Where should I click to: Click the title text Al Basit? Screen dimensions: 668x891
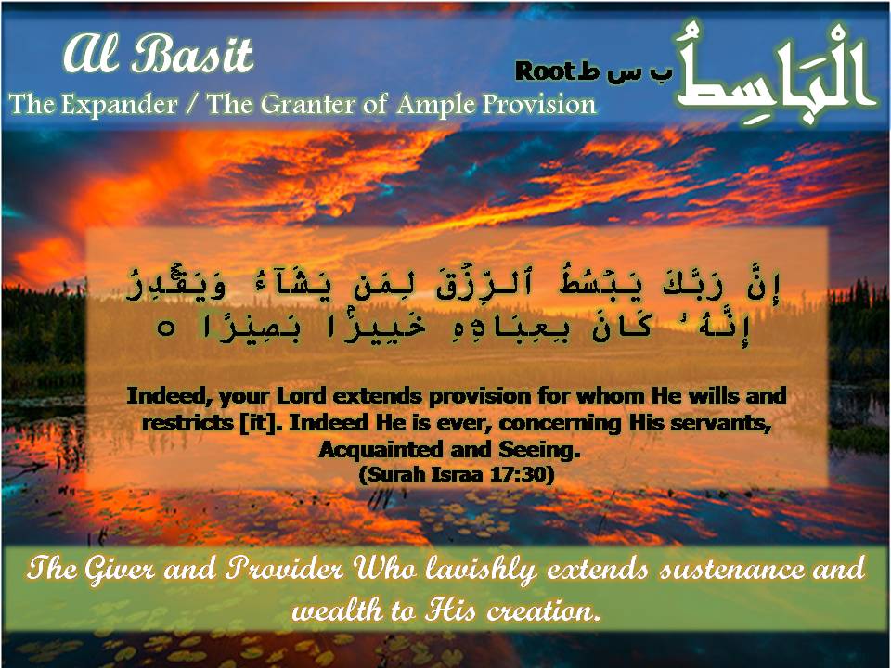tap(157, 57)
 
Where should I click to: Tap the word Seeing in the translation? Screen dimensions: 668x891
tap(539, 450)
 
